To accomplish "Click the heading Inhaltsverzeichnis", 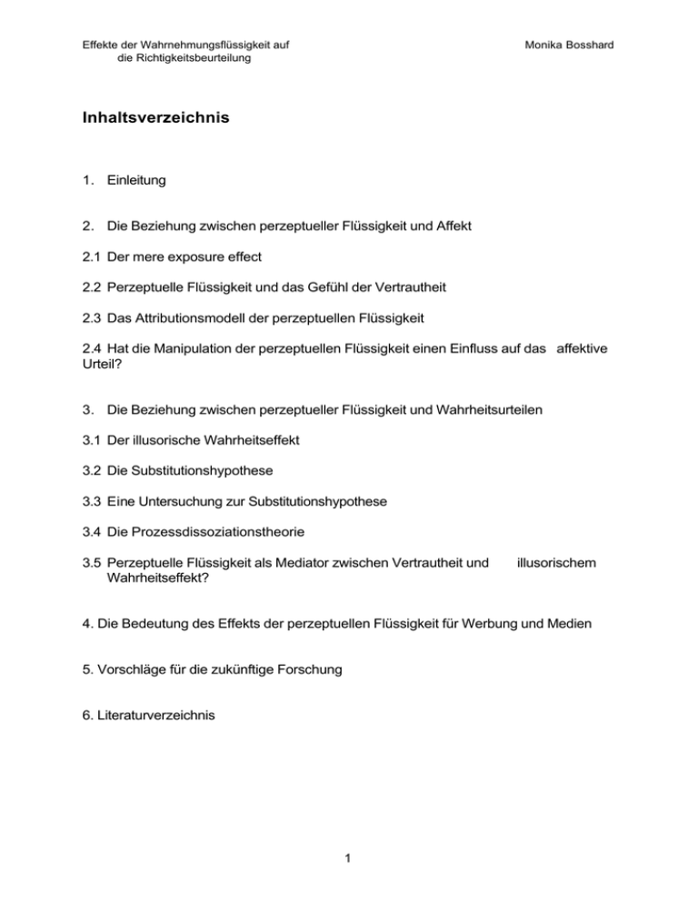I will [155, 117].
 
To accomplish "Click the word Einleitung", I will [135, 180].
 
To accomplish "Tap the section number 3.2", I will [93, 471].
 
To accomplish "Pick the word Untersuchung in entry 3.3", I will [187, 502].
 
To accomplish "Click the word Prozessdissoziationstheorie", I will [241, 533].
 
